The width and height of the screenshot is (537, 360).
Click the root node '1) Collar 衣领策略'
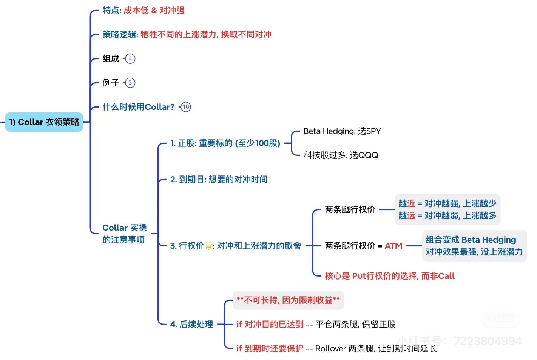click(44, 122)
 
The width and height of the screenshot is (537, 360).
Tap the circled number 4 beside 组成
click(130, 58)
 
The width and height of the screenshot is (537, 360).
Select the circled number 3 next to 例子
click(130, 83)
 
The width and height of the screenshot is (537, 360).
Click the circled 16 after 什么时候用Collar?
click(186, 107)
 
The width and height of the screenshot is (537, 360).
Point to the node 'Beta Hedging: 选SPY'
click(342, 131)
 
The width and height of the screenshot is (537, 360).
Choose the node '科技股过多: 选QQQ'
click(341, 155)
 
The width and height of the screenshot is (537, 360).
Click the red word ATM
click(393, 246)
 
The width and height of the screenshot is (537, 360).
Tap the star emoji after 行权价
click(208, 246)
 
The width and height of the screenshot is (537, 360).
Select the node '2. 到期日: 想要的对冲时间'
click(219, 179)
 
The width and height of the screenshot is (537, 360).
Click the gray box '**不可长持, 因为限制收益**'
click(288, 300)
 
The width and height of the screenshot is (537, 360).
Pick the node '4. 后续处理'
click(191, 324)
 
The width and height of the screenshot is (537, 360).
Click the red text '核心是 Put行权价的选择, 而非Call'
click(389, 276)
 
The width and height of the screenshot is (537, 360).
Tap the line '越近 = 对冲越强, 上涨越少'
click(447, 203)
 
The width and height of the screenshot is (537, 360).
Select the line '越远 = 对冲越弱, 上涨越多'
click(447, 215)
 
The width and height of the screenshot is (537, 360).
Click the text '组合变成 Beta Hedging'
click(471, 240)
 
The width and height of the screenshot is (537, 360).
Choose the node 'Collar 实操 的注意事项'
click(124, 234)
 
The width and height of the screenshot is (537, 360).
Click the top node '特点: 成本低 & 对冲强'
click(144, 10)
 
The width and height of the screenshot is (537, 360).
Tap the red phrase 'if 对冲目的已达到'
click(270, 324)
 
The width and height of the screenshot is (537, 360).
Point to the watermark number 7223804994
click(487, 341)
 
